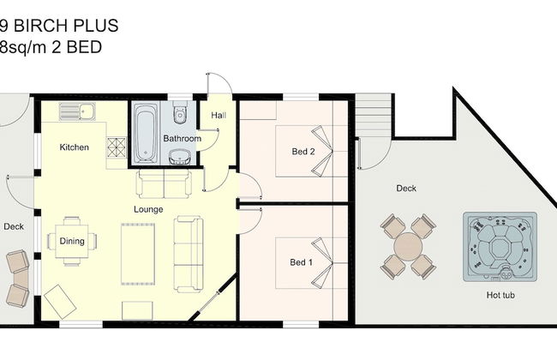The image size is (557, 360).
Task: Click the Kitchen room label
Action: click(x=75, y=147)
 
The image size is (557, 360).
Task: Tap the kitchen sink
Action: click(x=77, y=111)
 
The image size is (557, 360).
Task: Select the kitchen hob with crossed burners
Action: click(x=117, y=147)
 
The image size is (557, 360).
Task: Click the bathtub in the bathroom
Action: click(x=146, y=133)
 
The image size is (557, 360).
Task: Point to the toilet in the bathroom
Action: click(x=181, y=111)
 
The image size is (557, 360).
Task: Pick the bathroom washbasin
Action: click(x=180, y=157)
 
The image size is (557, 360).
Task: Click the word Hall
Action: click(x=219, y=115)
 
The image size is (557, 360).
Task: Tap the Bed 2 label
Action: click(x=303, y=152)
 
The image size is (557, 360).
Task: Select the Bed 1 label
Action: click(x=302, y=262)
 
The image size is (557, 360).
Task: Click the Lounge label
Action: click(x=148, y=209)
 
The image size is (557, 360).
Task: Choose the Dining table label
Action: click(x=72, y=242)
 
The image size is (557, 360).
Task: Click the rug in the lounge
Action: click(x=138, y=254)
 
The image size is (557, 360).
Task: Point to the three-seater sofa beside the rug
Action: click(x=189, y=254)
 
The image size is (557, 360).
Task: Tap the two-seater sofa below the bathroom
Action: click(x=164, y=183)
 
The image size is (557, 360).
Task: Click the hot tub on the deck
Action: click(x=500, y=247)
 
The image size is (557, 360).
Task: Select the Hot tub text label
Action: click(x=500, y=295)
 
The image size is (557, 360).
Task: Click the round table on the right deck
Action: click(x=408, y=247)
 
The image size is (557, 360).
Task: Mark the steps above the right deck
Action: click(x=374, y=115)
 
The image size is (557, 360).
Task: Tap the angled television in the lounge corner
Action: click(x=60, y=302)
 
